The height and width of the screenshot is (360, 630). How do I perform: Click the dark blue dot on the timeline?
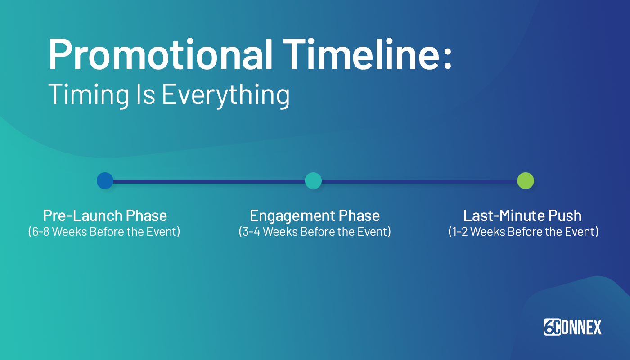(105, 181)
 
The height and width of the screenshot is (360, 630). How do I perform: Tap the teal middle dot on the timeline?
(313, 181)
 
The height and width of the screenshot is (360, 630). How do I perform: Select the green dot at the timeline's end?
(525, 181)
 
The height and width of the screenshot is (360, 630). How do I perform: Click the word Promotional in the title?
(160, 55)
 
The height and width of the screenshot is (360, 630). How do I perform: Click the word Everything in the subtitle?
(225, 95)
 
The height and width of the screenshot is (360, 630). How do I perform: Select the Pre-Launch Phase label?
(105, 216)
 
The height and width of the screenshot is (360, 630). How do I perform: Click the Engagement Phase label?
(315, 216)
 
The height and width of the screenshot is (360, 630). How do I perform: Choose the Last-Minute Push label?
(522, 216)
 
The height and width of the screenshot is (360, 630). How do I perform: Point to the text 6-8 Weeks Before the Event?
(104, 232)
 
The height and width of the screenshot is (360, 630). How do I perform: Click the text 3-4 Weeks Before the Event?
(315, 232)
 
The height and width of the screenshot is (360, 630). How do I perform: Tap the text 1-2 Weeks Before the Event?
(523, 232)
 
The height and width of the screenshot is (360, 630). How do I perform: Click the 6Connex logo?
(572, 327)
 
